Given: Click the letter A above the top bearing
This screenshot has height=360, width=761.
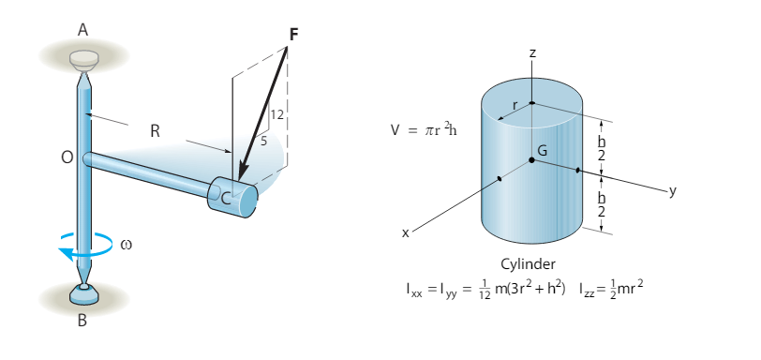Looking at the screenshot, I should (x=82, y=30).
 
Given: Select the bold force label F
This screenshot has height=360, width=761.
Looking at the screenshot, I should (x=294, y=35).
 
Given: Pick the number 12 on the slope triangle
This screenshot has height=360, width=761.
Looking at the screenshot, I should (x=276, y=114).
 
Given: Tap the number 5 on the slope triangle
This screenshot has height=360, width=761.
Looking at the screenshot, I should (x=264, y=141).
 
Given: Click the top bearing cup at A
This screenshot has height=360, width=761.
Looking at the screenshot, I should (x=83, y=57).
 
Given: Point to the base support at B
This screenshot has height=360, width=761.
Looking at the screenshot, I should (x=82, y=296).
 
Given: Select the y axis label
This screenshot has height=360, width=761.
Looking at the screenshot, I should (x=671, y=190).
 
